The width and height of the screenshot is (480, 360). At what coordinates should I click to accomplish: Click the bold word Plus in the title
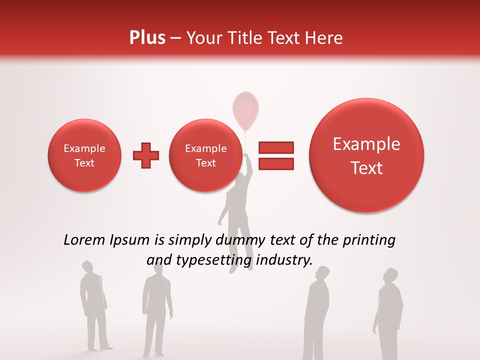pos(147,38)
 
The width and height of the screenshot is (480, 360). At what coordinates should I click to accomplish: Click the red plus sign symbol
pos(146,155)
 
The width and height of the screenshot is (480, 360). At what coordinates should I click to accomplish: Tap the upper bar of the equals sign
pos(275,147)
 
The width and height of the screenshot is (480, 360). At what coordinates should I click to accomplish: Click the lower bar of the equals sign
pos(275,163)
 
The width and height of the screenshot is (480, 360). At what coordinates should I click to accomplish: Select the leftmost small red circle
pos(84,155)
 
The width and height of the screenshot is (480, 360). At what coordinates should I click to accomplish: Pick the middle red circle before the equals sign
pos(205,155)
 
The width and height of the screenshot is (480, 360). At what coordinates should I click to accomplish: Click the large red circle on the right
pos(366,155)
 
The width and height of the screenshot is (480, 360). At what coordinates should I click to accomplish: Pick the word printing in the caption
pos(369,240)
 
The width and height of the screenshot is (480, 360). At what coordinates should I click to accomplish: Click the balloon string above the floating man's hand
pos(245,142)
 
